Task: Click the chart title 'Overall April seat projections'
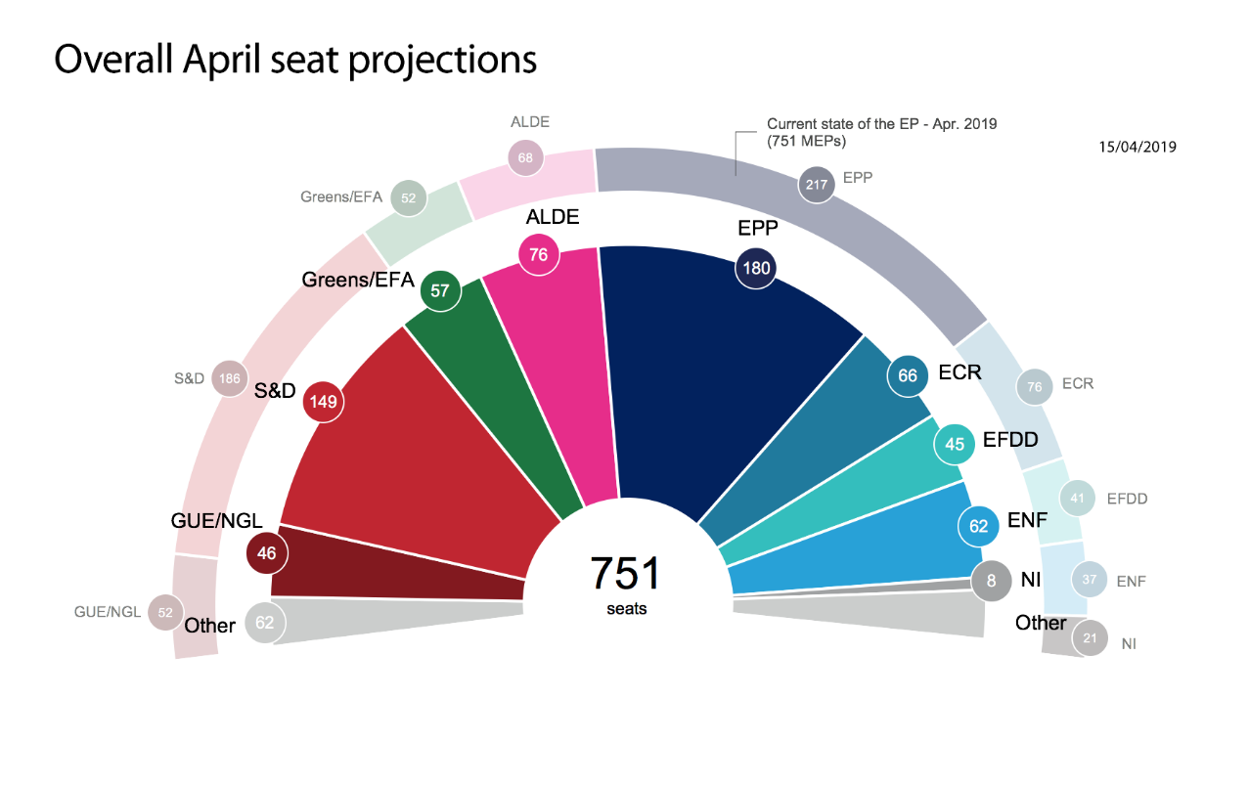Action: [295, 60]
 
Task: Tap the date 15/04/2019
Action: [1137, 147]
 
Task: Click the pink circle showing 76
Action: [539, 255]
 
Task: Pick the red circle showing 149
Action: [324, 401]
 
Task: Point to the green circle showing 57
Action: [440, 290]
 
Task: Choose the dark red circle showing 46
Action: [267, 553]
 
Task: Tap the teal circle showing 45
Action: [955, 444]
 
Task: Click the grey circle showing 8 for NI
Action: [991, 581]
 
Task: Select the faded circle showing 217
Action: [817, 183]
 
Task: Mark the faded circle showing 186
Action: [231, 378]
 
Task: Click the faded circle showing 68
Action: [525, 157]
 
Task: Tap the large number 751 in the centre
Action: [626, 574]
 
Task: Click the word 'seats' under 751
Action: [626, 608]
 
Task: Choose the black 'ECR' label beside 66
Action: [960, 372]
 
